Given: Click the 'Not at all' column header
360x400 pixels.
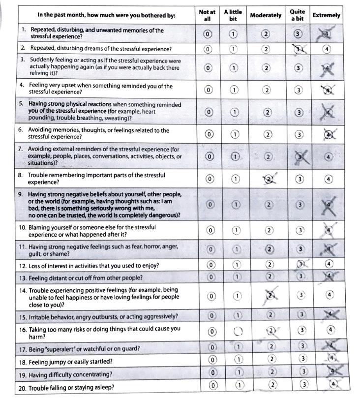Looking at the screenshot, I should coord(207,15).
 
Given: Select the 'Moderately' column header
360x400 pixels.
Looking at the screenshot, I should coord(266,15).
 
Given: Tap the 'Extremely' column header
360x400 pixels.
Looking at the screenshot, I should coord(326,15).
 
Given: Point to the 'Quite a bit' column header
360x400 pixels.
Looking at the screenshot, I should coord(297,15).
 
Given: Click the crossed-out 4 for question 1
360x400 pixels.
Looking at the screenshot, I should coord(327,34).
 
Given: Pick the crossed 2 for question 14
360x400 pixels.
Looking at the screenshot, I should coord(269,295).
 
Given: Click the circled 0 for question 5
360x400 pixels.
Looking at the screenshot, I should coord(209,112).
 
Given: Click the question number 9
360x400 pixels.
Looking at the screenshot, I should coord(21,194).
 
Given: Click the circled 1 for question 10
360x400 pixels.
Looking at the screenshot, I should coord(236,230).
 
